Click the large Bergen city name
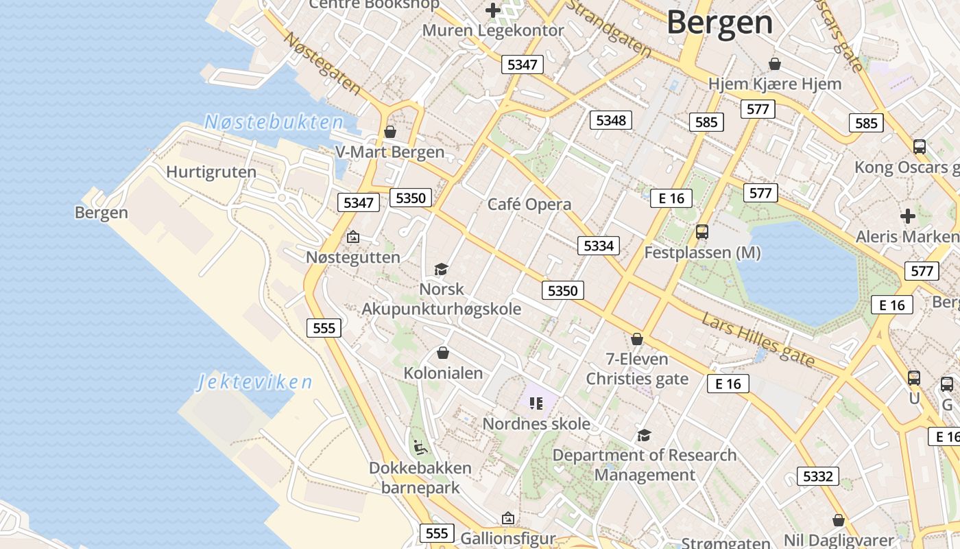coord(719,22)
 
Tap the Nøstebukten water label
coord(274,123)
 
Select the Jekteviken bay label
coord(254,382)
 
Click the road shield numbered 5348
coord(610,120)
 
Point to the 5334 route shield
coord(598,245)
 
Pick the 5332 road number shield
coord(817,476)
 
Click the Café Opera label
coord(529,205)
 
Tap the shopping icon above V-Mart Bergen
coord(390,131)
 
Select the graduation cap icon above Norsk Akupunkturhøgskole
coord(441,269)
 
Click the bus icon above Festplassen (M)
coord(702,232)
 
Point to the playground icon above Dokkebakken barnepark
coord(420,447)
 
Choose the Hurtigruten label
coord(211,172)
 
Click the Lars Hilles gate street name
coord(758,338)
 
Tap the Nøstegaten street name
coord(322,63)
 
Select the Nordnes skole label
coord(536,424)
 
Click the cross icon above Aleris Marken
coord(908,216)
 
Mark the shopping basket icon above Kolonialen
coord(443,353)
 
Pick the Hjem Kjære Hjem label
coord(774,84)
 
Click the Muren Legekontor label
coord(492,30)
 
